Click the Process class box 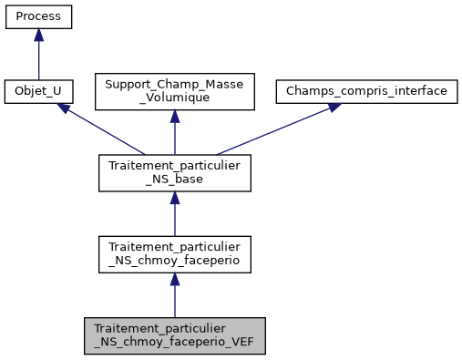click(x=38, y=16)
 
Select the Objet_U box click(x=38, y=92)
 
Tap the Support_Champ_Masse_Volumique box click(x=174, y=92)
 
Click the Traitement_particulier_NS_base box click(x=174, y=173)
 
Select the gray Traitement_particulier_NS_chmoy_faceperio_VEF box click(x=174, y=335)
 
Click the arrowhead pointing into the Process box click(x=38, y=35)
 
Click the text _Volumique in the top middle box click(x=174, y=99)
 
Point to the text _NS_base click(x=174, y=180)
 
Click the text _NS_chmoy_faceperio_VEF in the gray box click(x=174, y=343)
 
